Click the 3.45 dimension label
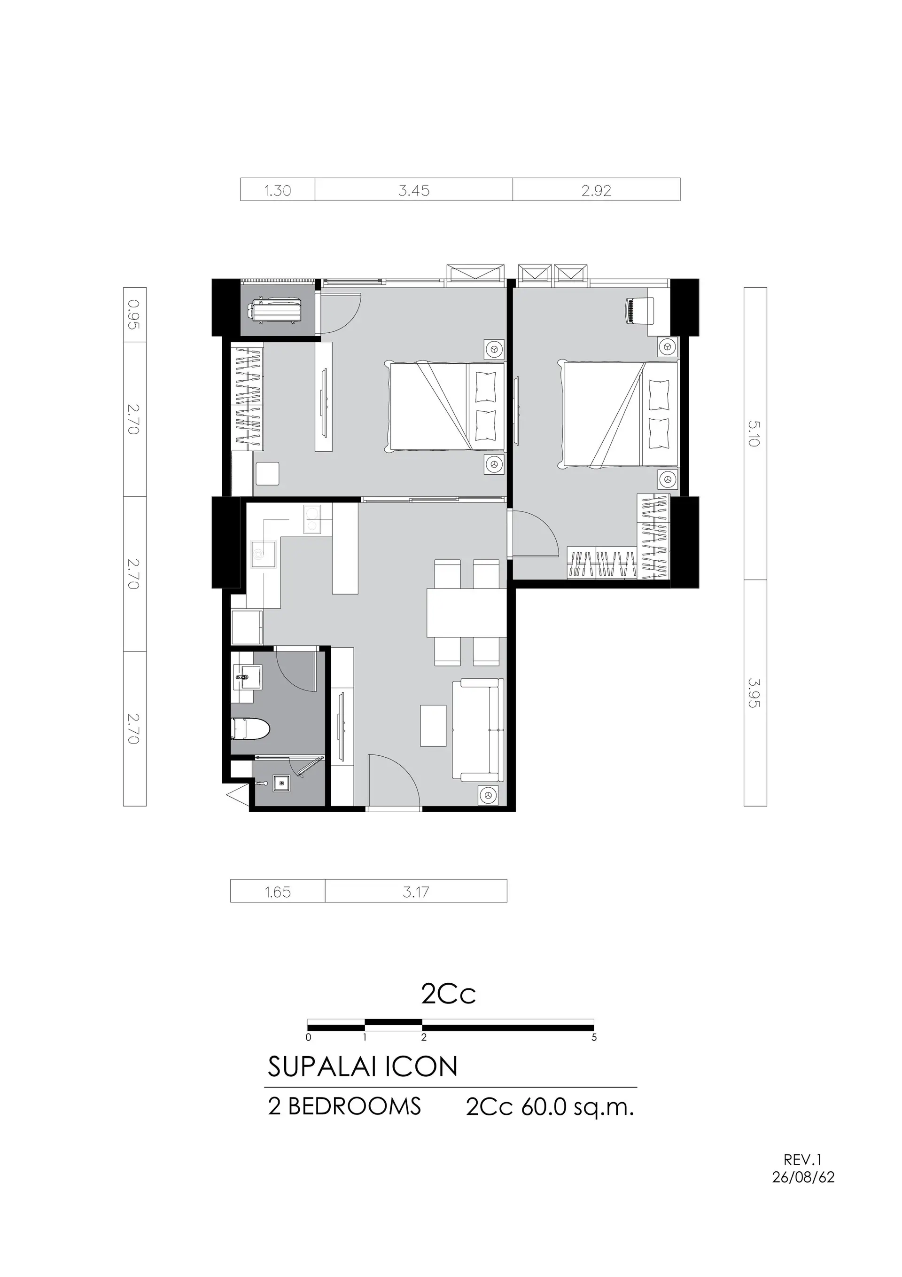[414, 191]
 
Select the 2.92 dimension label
[596, 191]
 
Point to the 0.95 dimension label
[133, 314]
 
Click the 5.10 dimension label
[754, 434]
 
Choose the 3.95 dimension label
[754, 692]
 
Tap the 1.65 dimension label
[278, 892]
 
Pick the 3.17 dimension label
[416, 892]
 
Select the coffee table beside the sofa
[433, 726]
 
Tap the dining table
[467, 612]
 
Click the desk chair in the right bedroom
[639, 310]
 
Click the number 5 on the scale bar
[594, 1037]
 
